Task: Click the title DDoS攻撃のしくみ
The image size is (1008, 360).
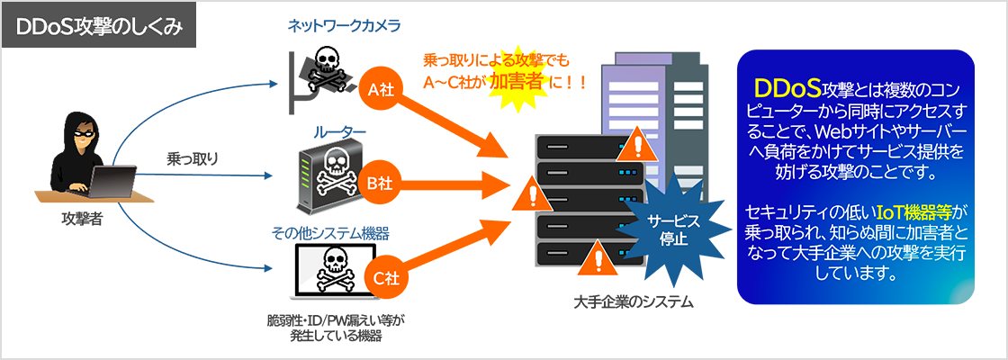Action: pyautogui.click(x=100, y=26)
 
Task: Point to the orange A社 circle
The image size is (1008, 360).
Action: pyautogui.click(x=382, y=88)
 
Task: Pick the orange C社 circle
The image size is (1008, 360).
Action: pyautogui.click(x=382, y=278)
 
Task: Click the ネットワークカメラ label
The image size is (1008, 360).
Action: pyautogui.click(x=331, y=26)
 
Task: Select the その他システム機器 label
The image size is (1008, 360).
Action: pyautogui.click(x=330, y=233)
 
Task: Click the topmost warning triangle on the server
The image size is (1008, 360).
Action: pyautogui.click(x=636, y=141)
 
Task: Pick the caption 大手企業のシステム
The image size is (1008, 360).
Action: pyautogui.click(x=634, y=302)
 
